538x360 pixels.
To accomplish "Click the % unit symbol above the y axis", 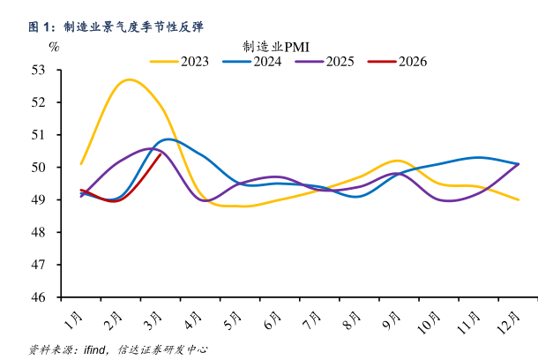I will click(55, 46).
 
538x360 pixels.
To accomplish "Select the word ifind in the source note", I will click(94, 349).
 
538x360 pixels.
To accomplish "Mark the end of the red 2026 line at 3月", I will click(159, 154).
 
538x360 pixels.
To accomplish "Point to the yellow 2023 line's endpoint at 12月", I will click(518, 199).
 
